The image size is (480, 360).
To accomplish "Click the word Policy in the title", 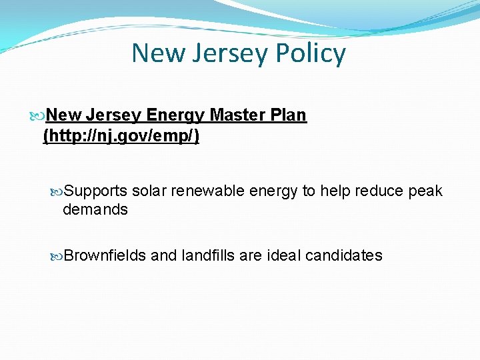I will tap(311, 53).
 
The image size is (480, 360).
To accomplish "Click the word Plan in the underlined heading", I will tap(288, 115).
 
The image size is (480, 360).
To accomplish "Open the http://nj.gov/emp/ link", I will tap(121, 137).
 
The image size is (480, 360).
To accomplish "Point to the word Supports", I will tap(96, 191).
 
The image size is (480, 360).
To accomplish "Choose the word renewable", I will tap(207, 191).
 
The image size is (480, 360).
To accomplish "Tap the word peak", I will tap(425, 191).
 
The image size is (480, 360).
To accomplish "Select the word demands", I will tap(95, 209).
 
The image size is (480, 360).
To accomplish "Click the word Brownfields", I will tap(105, 255).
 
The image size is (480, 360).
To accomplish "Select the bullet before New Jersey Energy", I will tap(38, 116).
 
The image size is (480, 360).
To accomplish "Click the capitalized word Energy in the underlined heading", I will tap(176, 115).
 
